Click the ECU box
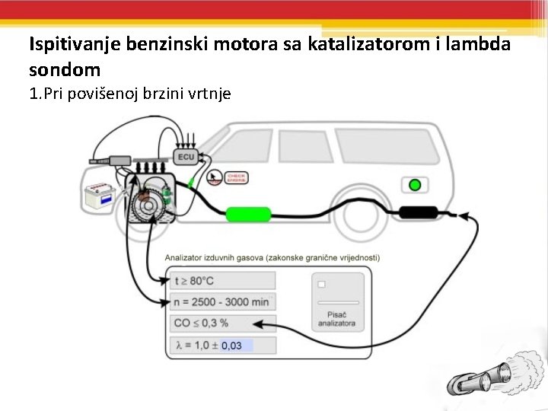[185, 158]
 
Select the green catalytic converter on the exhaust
[249, 214]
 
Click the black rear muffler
[418, 212]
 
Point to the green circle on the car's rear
[414, 185]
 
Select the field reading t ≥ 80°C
[221, 280]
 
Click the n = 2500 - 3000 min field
[221, 301]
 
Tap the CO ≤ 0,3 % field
[221, 323]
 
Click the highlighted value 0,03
[232, 346]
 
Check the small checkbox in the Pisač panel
[321, 284]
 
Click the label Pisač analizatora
[336, 318]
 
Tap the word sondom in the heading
[65, 70]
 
